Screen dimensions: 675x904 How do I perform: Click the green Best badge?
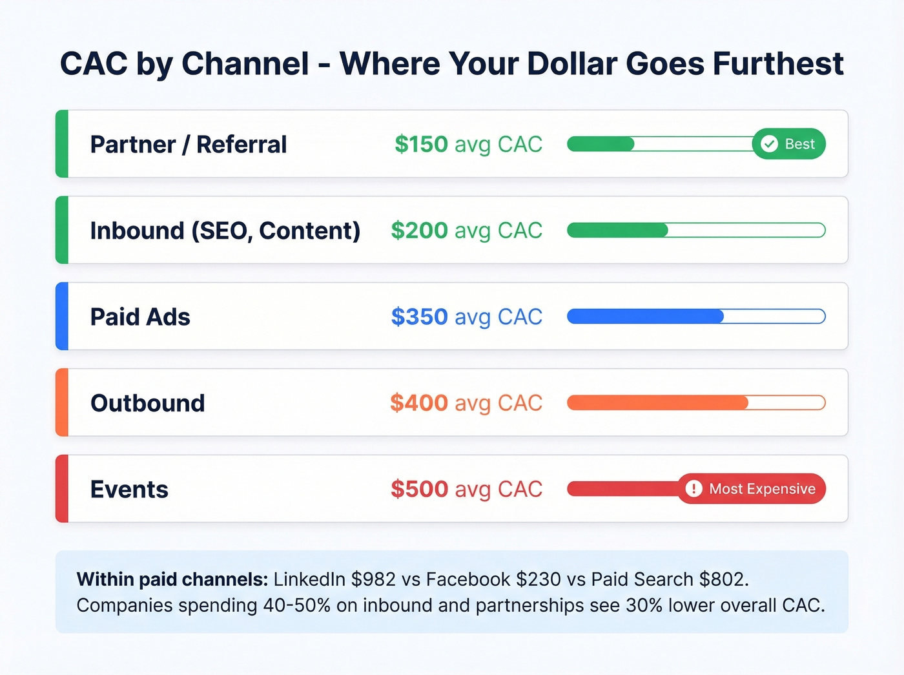pyautogui.click(x=788, y=144)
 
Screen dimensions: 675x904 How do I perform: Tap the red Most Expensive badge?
pyautogui.click(x=751, y=489)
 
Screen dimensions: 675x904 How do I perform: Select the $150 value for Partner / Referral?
pyautogui.click(x=421, y=144)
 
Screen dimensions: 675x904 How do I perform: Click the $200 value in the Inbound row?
pyautogui.click(x=419, y=231)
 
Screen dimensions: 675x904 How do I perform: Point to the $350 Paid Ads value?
pyautogui.click(x=419, y=317)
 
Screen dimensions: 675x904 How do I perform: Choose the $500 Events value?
pyautogui.click(x=419, y=489)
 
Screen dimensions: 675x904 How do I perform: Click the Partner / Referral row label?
pyautogui.click(x=188, y=144)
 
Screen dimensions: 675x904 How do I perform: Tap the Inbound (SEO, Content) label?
pyautogui.click(x=225, y=231)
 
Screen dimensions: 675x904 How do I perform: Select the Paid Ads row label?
pyautogui.click(x=140, y=317)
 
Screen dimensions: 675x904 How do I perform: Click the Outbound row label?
pyautogui.click(x=147, y=403)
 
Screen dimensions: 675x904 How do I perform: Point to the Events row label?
pyautogui.click(x=129, y=489)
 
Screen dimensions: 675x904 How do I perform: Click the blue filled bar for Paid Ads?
pyautogui.click(x=645, y=317)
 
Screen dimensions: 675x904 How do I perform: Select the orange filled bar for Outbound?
pyautogui.click(x=657, y=403)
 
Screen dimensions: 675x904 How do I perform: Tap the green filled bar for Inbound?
pyautogui.click(x=617, y=231)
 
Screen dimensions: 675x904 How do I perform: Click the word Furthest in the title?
pyautogui.click(x=778, y=63)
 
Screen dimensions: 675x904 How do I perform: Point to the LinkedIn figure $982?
pyautogui.click(x=373, y=579)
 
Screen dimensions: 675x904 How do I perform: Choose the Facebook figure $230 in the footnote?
pyautogui.click(x=539, y=579)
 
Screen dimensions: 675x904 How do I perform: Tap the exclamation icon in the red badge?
pyautogui.click(x=693, y=489)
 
